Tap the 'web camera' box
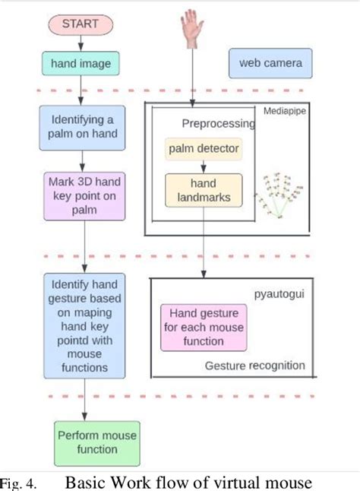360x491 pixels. [x=270, y=63]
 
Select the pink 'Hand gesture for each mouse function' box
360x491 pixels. [x=203, y=326]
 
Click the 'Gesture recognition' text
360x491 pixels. [x=254, y=366]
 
